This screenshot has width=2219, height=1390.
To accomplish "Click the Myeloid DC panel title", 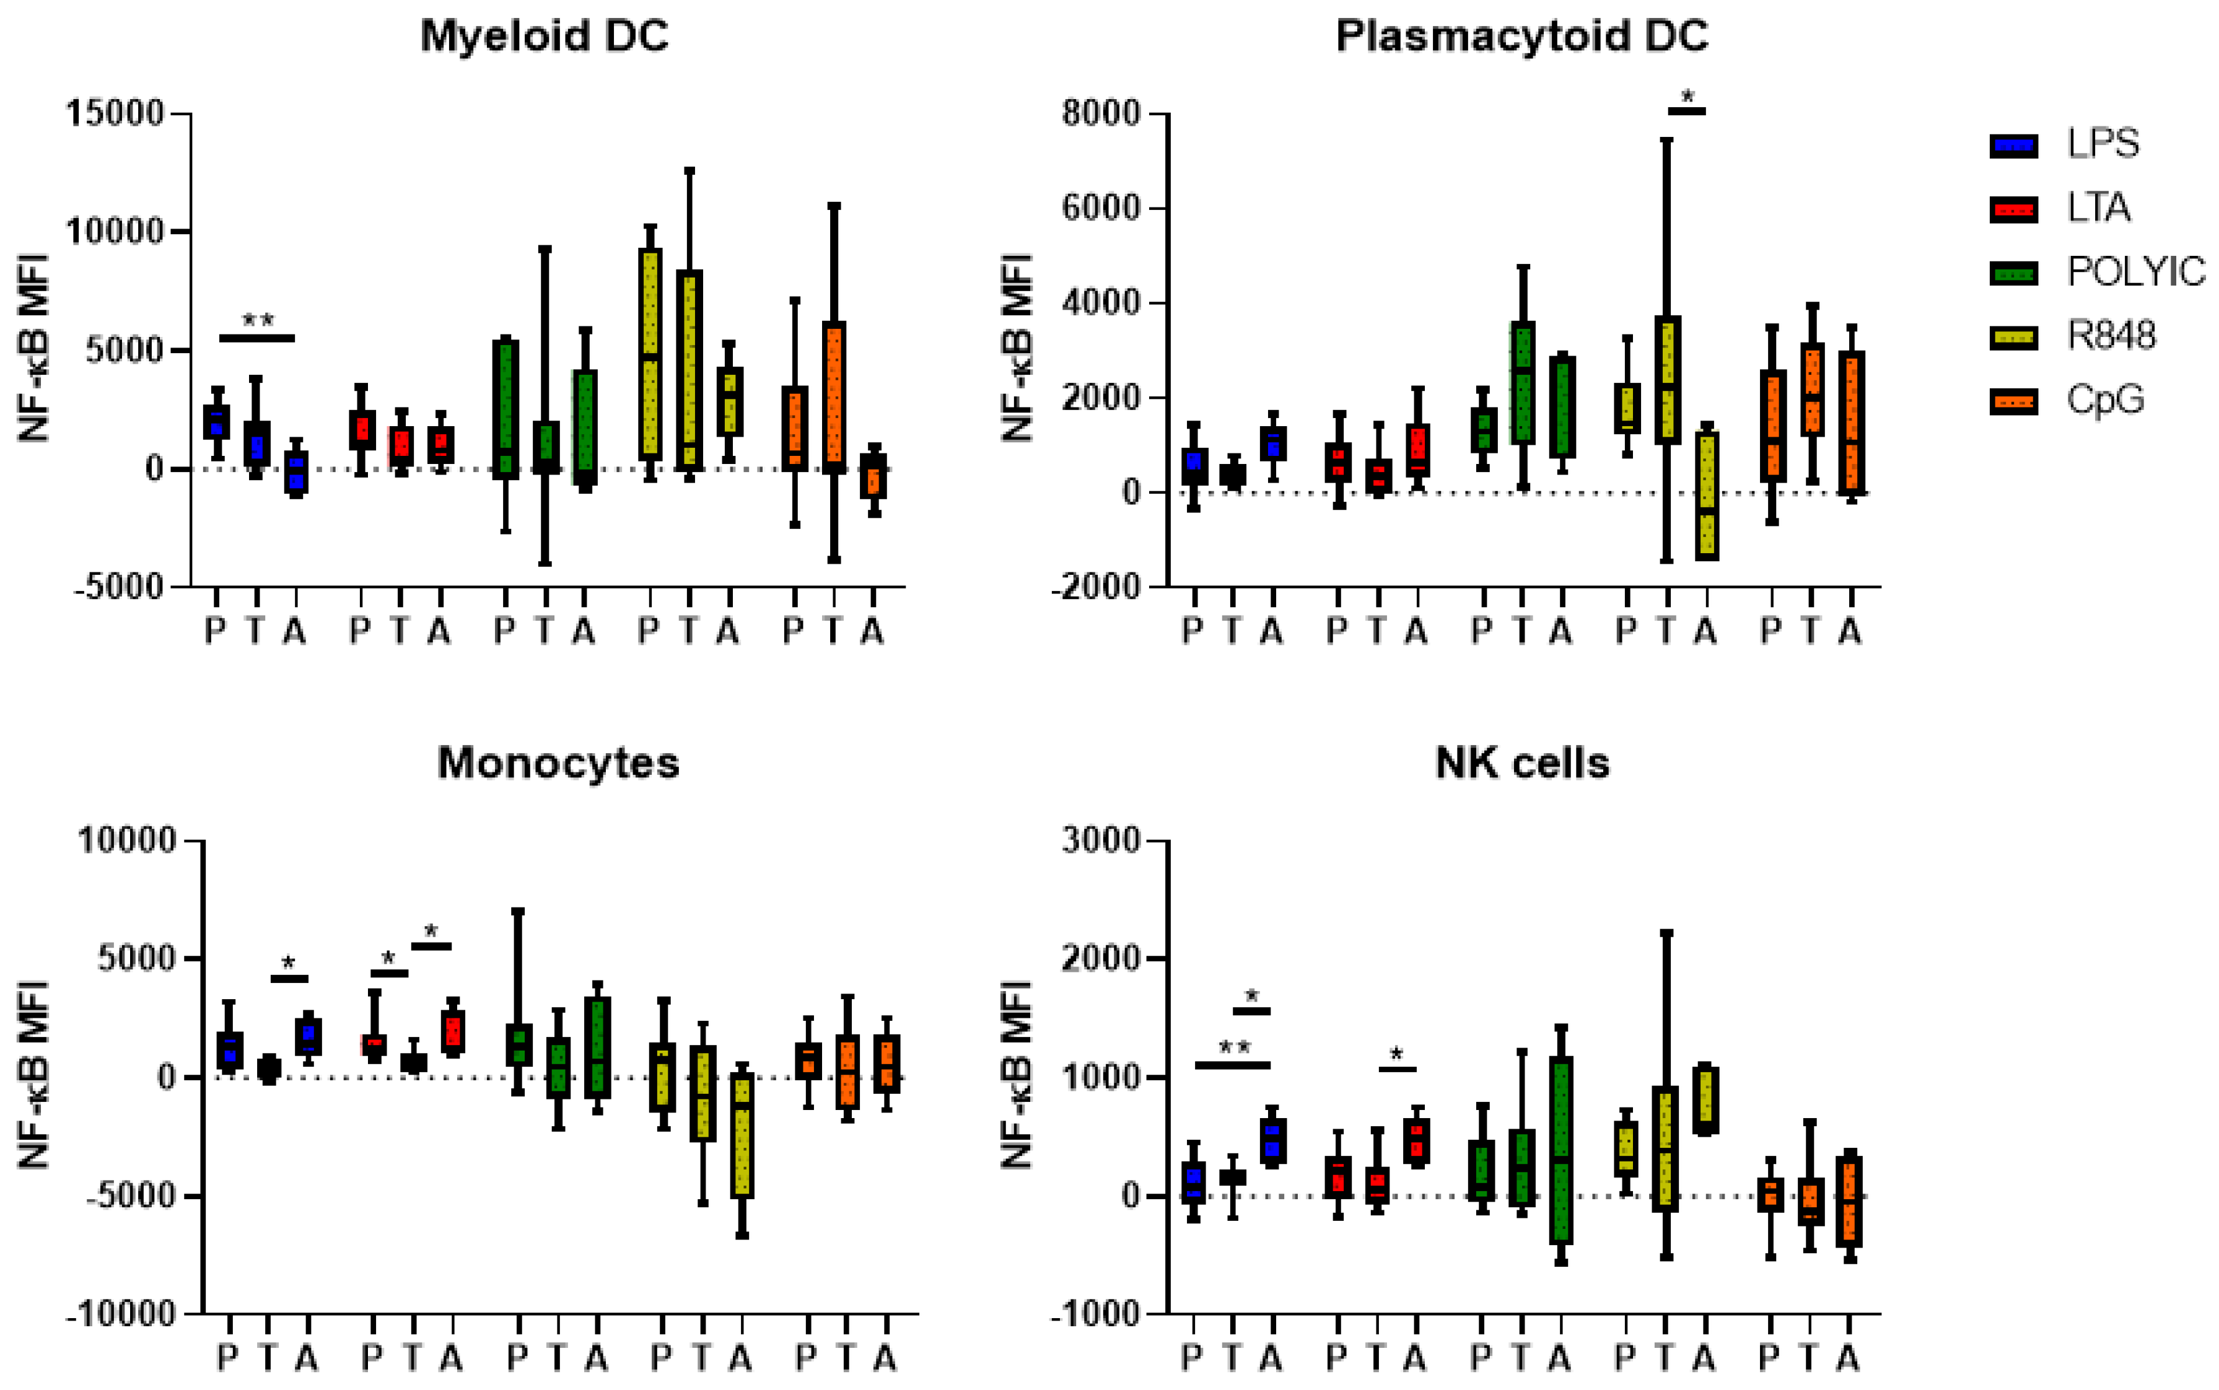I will (543, 37).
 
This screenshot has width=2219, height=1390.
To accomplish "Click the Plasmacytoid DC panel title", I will (1521, 37).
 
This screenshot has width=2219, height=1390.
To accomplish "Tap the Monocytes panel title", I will (558, 763).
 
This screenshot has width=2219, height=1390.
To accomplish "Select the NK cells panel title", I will (1521, 763).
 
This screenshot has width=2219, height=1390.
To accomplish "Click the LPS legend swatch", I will (2013, 145).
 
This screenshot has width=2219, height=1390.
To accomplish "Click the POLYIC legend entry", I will (2134, 272).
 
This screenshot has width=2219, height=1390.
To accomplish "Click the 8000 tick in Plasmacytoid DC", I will (1100, 113).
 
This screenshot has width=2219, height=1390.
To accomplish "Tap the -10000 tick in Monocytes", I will (120, 1314).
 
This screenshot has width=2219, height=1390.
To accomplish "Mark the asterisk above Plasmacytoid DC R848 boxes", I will (1687, 95).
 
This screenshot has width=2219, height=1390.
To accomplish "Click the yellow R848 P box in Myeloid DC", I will (650, 354).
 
